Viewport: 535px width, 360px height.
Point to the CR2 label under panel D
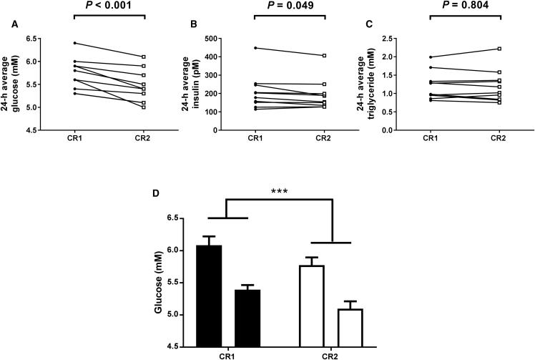pyautogui.click(x=331, y=354)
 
